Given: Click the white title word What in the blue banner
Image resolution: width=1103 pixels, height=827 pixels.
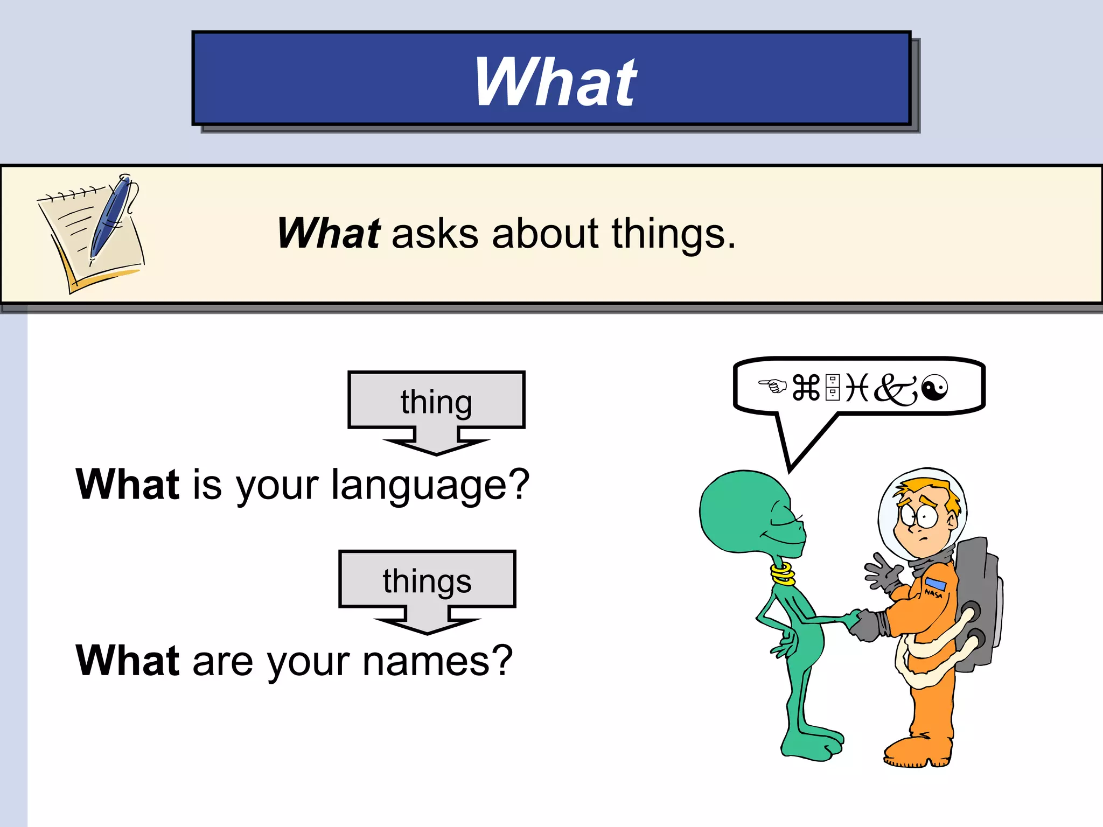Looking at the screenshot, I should [x=555, y=82].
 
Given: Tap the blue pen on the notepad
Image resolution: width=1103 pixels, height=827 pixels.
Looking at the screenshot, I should [x=110, y=218].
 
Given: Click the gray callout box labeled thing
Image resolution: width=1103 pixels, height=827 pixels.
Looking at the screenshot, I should [x=436, y=401].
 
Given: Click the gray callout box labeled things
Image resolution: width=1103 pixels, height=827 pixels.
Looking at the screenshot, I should [x=427, y=580].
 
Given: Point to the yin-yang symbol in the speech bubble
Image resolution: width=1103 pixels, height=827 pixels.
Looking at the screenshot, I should [x=934, y=388].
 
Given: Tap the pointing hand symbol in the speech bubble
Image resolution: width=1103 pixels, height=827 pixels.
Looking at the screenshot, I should [x=772, y=386].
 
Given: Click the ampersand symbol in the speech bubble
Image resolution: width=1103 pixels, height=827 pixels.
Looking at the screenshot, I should [x=895, y=389].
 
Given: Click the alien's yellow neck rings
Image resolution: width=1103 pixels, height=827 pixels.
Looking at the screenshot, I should [x=783, y=573].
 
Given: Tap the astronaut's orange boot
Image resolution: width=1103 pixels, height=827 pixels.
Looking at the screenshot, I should [x=916, y=751].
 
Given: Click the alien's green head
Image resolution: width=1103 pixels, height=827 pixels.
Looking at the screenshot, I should [x=746, y=511].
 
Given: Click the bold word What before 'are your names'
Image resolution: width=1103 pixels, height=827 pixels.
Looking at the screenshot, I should [x=128, y=661].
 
